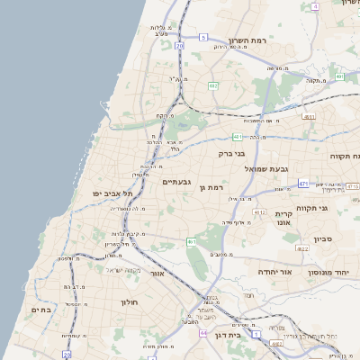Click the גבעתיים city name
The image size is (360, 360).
pos(175,182)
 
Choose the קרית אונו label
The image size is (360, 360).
pos(283,216)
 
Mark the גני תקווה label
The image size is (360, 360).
pos(336,208)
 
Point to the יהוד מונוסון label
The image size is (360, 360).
pos(333,272)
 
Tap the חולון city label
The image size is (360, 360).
pos(132,301)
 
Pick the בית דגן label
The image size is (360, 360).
pos(229,334)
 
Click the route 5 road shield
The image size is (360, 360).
pos(204,38)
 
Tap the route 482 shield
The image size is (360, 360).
pos(212,85)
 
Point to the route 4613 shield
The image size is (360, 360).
pos(258,212)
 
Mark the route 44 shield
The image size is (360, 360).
pos(204,333)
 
